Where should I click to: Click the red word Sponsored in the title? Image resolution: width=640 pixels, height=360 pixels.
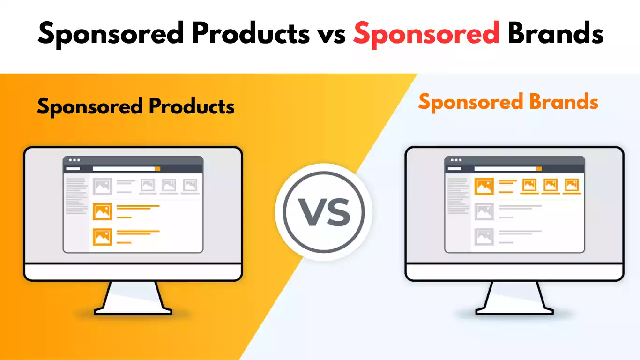coord(426,34)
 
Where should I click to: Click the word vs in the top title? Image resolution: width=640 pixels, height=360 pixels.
coord(330,34)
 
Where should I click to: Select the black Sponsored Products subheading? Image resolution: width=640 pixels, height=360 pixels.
coord(136,107)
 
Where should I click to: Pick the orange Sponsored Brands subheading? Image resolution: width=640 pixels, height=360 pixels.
coord(508,102)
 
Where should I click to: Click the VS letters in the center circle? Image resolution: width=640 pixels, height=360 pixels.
coord(325,212)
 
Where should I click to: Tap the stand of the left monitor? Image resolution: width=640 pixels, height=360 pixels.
coord(133,298)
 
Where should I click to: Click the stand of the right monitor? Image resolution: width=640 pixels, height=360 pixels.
coord(514,298)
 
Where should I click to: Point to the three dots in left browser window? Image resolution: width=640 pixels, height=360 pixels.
coord(74,160)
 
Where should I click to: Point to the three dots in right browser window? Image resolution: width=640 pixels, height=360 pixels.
coord(455,160)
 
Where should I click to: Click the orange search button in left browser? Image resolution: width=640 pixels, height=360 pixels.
coord(157,169)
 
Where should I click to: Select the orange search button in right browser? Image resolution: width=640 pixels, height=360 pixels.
coord(539,169)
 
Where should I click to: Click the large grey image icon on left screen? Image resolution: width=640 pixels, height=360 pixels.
coord(102,186)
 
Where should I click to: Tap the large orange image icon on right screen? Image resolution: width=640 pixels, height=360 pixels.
coord(484,186)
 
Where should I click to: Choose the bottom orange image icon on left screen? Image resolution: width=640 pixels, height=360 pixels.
coord(102,237)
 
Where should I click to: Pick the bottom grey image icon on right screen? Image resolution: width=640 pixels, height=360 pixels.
coord(484,237)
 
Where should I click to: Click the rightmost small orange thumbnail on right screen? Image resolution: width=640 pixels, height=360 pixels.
coord(572,185)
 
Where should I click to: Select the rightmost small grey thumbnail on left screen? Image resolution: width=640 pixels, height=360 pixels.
coord(190,185)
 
